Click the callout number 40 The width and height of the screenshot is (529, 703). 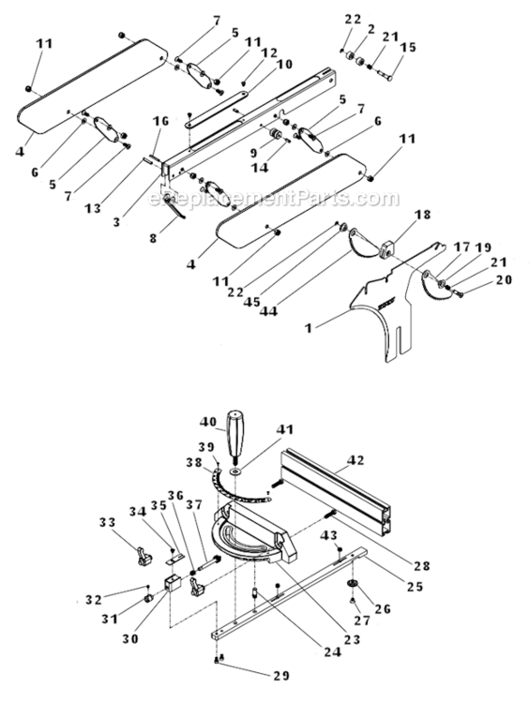pyautogui.click(x=208, y=422)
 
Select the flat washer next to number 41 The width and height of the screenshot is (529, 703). pyautogui.click(x=233, y=465)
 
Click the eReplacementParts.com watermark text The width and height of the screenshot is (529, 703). pyautogui.click(x=266, y=198)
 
